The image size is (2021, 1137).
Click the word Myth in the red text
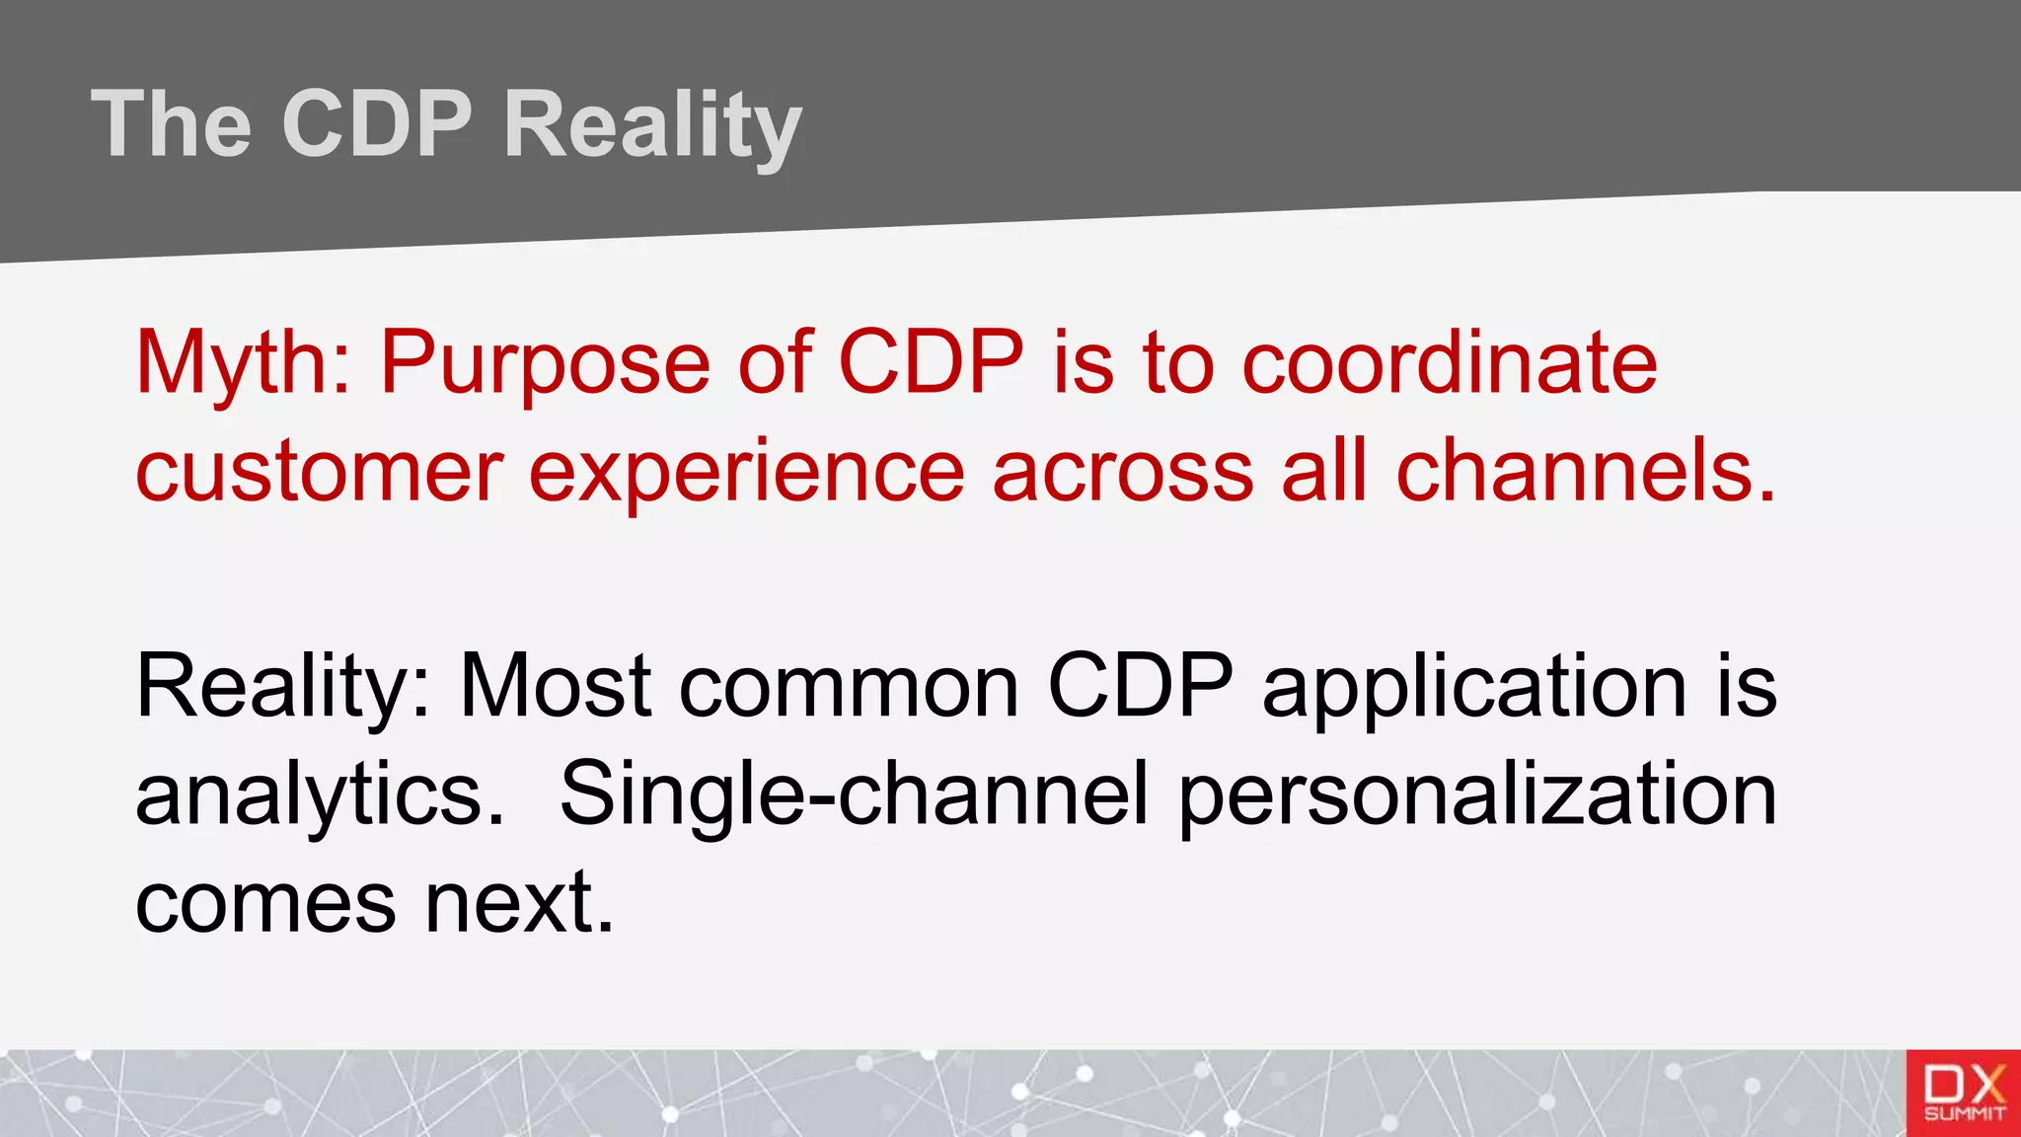[242, 363]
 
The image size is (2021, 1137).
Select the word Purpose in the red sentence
[545, 363]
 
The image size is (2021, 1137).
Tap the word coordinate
[1449, 363]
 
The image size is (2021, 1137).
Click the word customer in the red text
[320, 472]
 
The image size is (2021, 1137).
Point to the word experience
[746, 472]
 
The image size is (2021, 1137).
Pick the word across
[1122, 472]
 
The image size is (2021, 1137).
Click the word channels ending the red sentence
[1586, 472]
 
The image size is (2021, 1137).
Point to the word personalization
[1477, 795]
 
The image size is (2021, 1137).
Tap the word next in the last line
[519, 902]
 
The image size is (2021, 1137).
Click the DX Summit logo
[1964, 1094]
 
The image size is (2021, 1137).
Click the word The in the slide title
[172, 124]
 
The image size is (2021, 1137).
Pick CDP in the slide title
[377, 124]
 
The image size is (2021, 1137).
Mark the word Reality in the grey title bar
[652, 124]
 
